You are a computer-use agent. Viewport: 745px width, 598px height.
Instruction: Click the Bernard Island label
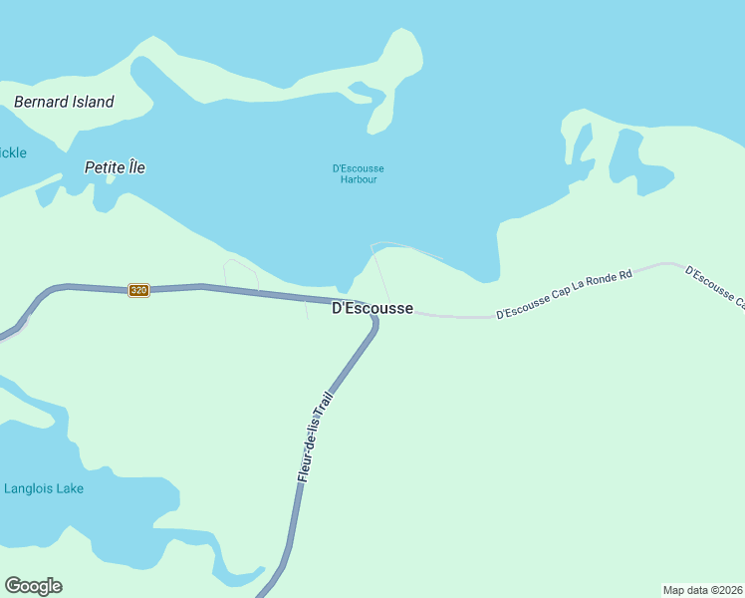[64, 102]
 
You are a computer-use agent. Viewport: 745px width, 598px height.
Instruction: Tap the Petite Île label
[115, 167]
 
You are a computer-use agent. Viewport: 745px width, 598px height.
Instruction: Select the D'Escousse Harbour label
[358, 173]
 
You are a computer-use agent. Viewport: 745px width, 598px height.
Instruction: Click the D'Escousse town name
[372, 309]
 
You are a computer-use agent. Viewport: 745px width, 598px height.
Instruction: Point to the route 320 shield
[138, 290]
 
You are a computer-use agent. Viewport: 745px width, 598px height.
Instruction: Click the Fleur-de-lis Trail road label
[315, 437]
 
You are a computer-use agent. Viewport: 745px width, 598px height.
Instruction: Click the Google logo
[33, 586]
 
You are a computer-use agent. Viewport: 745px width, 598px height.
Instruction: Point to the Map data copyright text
[702, 590]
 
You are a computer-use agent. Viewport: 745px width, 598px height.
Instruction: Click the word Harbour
[358, 179]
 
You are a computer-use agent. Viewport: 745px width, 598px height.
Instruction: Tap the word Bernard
[41, 102]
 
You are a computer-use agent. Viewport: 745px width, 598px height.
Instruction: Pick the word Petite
[104, 167]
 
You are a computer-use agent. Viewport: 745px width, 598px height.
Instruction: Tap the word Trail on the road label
[323, 404]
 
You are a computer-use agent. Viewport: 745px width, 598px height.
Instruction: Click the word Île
[135, 167]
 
